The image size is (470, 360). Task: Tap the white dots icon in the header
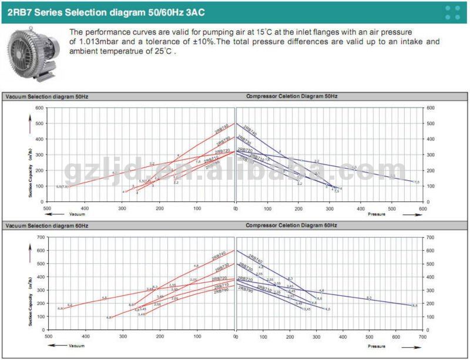click(452, 12)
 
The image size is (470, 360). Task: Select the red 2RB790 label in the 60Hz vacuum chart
click(221, 291)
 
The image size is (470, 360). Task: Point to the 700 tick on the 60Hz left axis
click(41, 237)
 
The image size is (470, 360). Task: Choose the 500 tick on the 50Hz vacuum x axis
click(47, 208)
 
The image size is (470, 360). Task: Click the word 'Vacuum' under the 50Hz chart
click(78, 215)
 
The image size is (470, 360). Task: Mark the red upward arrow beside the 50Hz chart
click(30, 125)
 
